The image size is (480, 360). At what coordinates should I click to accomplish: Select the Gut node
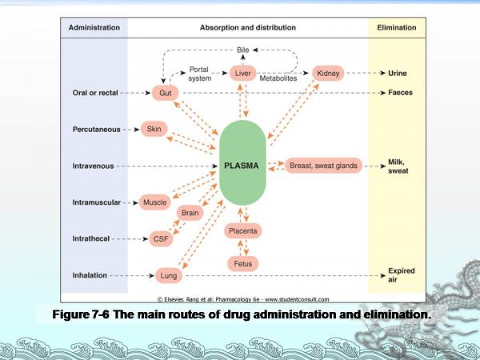tap(165, 93)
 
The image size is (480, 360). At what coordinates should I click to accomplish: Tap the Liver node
tap(242, 74)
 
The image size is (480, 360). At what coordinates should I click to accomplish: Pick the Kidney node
tap(328, 74)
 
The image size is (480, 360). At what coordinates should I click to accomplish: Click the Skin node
tap(153, 128)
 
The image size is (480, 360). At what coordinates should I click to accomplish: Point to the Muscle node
tap(154, 202)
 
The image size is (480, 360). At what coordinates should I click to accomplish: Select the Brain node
tap(190, 213)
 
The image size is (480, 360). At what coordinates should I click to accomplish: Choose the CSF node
tap(160, 238)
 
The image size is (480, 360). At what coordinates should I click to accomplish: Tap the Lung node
tap(167, 274)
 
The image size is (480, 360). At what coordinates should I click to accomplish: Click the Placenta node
tap(242, 230)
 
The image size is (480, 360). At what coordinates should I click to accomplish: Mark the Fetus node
tap(242, 262)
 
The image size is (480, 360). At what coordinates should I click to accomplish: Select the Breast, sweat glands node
tap(323, 166)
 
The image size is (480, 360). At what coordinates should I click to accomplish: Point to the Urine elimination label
tap(398, 74)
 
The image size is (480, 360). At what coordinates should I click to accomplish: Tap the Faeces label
tap(401, 93)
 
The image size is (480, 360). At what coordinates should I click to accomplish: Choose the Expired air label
tap(401, 274)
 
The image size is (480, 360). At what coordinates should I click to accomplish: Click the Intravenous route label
tap(92, 166)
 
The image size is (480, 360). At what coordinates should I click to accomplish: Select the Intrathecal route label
tap(90, 238)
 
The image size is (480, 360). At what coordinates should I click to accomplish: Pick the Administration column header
tap(94, 27)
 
